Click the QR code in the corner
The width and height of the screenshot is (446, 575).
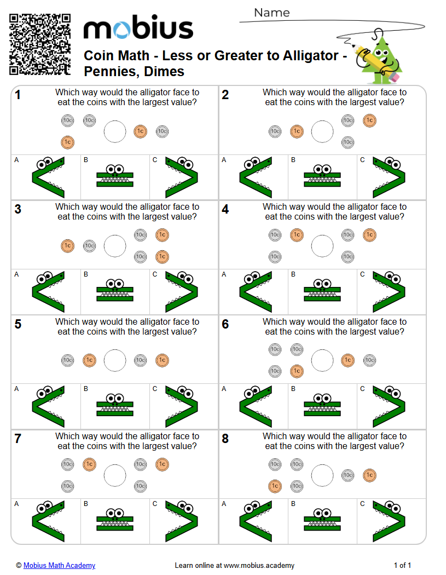pyautogui.click(x=40, y=44)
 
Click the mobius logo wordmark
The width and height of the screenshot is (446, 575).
pyautogui.click(x=138, y=29)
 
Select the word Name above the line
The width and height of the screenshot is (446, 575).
pyautogui.click(x=271, y=13)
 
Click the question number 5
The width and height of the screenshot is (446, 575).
pyautogui.click(x=18, y=325)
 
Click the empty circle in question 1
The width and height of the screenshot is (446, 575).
pyautogui.click(x=115, y=131)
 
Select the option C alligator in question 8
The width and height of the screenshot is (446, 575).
pyautogui.click(x=389, y=520)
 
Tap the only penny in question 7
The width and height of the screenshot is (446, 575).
pyautogui.click(x=89, y=464)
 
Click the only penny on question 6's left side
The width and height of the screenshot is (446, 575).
pyautogui.click(x=297, y=371)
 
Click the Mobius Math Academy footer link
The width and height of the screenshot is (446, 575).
pyautogui.click(x=59, y=566)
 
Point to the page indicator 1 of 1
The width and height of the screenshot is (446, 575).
pyautogui.click(x=402, y=566)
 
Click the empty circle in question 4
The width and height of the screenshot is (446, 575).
pyautogui.click(x=322, y=246)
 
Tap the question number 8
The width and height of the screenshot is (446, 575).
pyautogui.click(x=225, y=439)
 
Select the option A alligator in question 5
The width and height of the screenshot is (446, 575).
pyautogui.click(x=48, y=406)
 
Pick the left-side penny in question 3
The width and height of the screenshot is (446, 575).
pyautogui.click(x=67, y=246)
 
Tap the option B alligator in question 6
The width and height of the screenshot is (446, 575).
pyautogui.click(x=322, y=406)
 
